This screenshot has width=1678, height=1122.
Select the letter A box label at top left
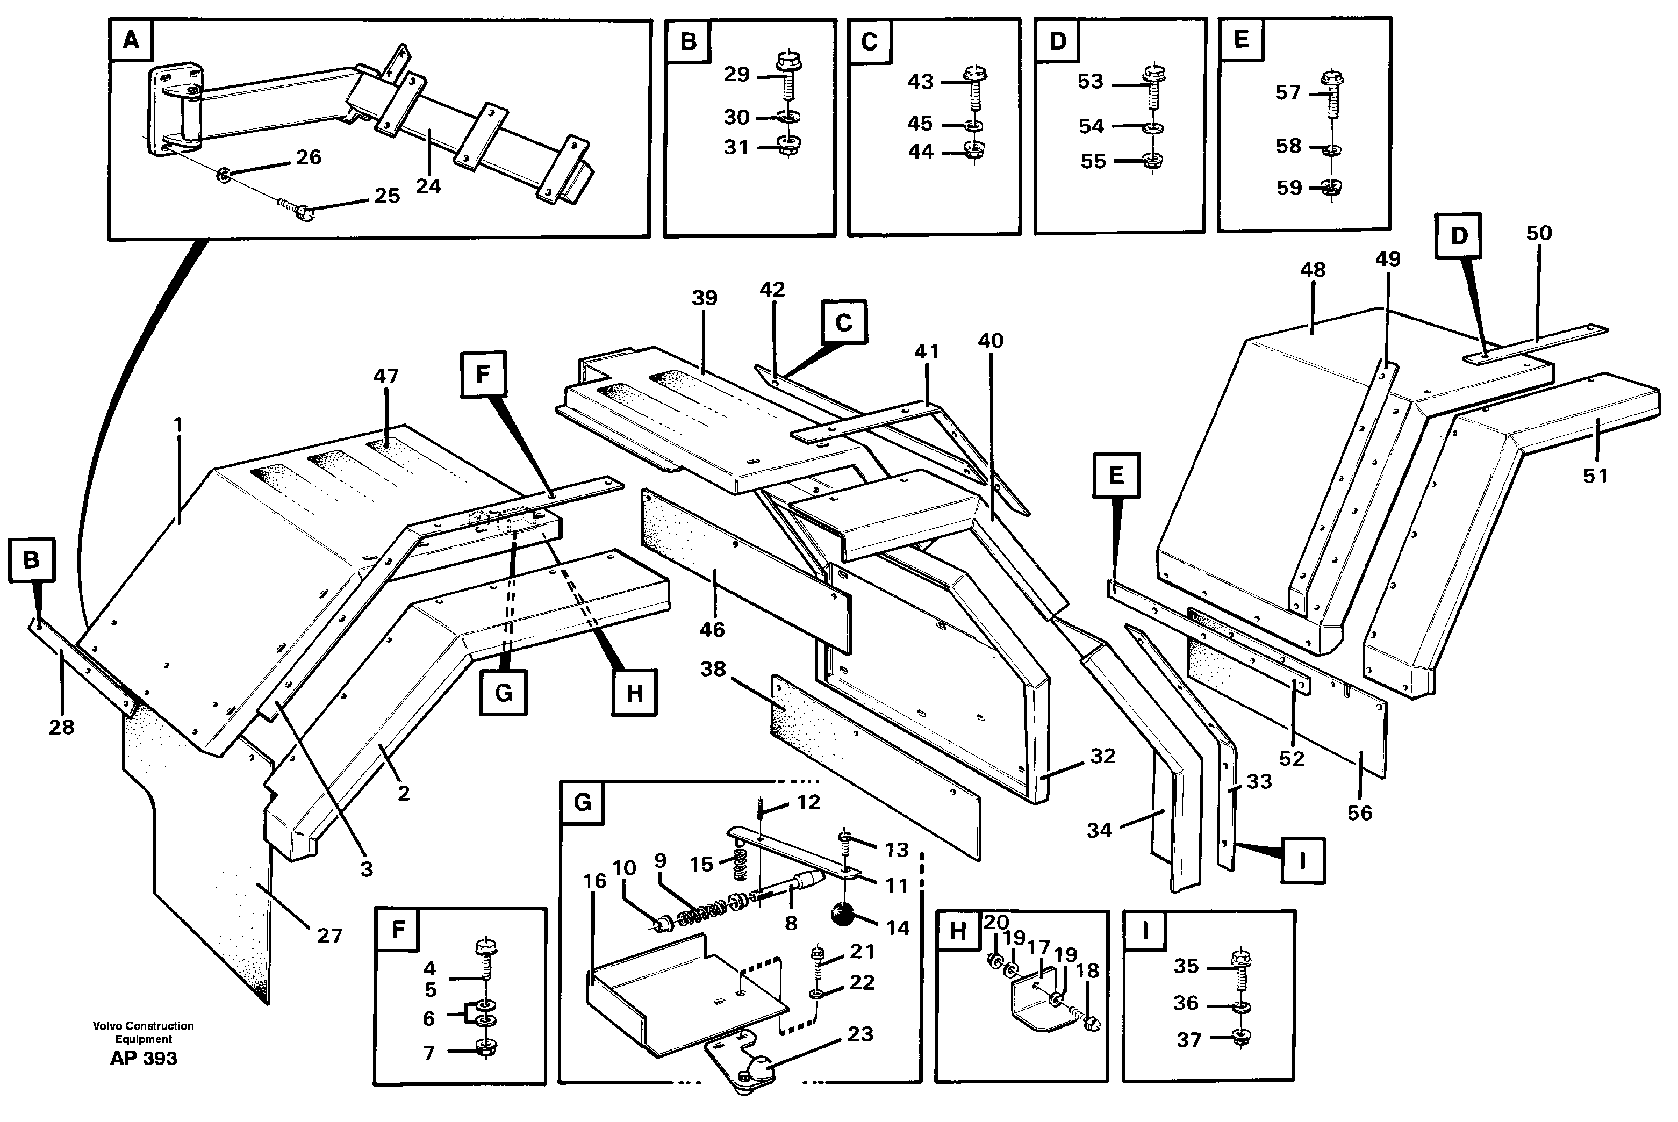pos(130,40)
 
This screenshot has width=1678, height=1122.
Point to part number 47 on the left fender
pos(386,376)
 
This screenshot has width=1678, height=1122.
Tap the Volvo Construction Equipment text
pos(143,1032)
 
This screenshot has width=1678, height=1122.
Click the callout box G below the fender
pos(503,692)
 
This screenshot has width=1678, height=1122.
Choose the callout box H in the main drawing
pos(634,693)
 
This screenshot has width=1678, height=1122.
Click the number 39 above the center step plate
pos(704,298)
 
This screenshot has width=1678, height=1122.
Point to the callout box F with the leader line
pos(483,373)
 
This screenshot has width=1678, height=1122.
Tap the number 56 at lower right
pos(1360,813)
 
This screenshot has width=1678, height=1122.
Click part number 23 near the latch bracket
pos(860,1033)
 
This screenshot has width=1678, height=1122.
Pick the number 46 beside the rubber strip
pos(712,629)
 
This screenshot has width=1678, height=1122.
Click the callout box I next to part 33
pos(1302,861)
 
